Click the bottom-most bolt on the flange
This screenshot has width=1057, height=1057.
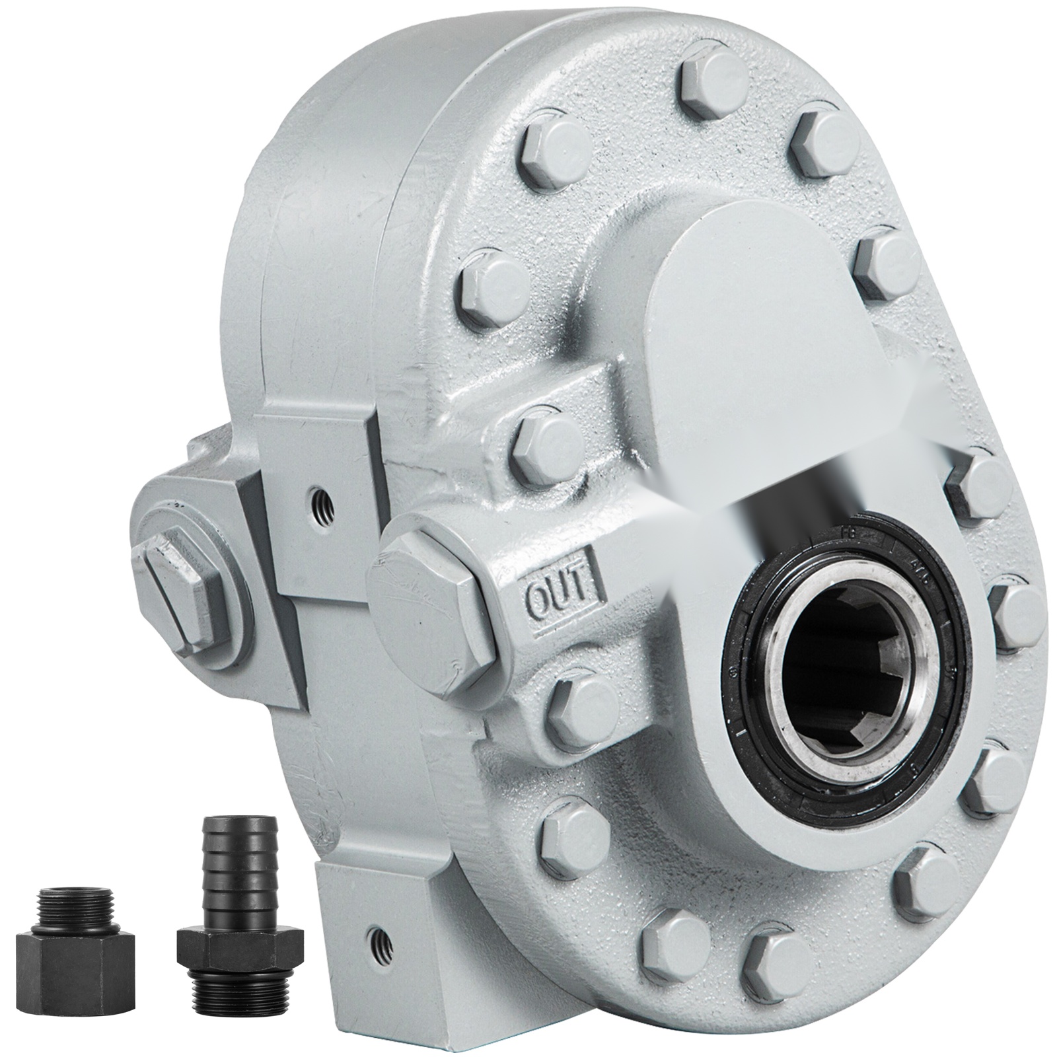(x=770, y=958)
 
